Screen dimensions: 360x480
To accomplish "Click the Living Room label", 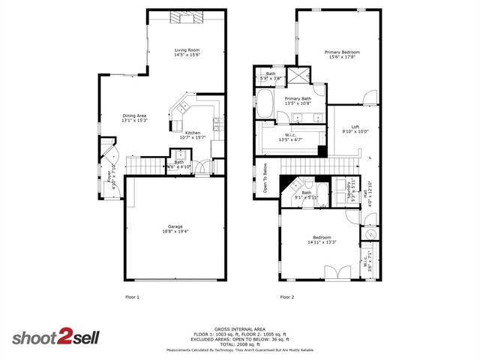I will (x=187, y=52).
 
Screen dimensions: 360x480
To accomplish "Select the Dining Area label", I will (x=135, y=117).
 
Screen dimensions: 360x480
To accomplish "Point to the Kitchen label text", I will (x=192, y=134).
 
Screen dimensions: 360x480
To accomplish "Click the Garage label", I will (x=175, y=229).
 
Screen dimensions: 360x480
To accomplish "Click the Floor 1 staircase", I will (x=145, y=165).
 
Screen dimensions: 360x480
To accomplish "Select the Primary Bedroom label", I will (x=342, y=54).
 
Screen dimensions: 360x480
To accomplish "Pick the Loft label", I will (x=346, y=129).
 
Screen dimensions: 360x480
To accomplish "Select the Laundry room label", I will (x=352, y=187).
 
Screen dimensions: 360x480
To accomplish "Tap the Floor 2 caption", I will (x=287, y=297).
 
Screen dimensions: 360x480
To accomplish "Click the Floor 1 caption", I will (x=131, y=297).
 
